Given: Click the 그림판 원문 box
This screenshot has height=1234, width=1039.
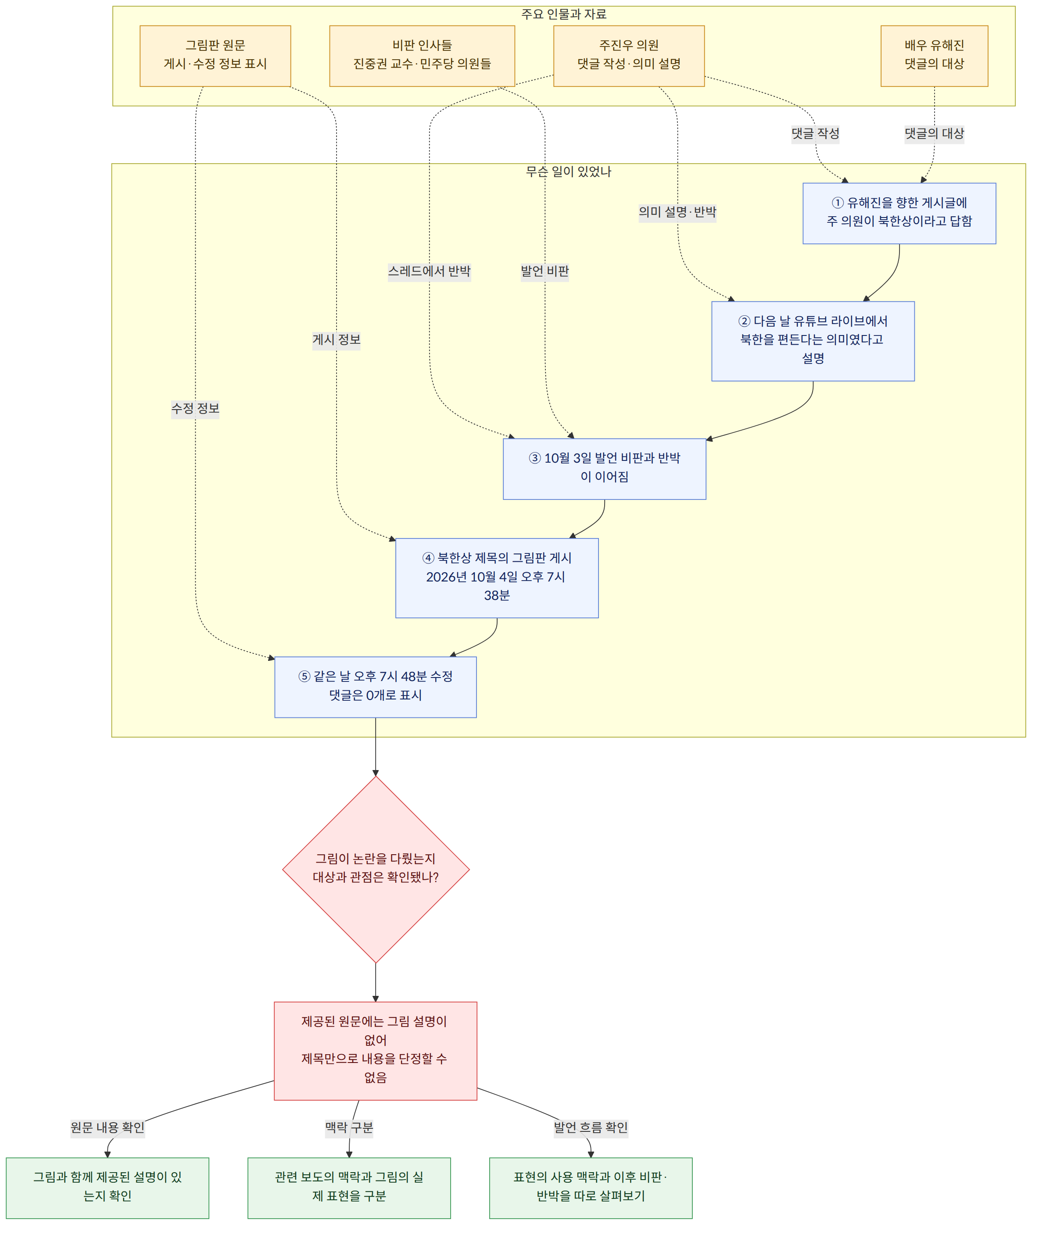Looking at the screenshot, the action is [x=215, y=56].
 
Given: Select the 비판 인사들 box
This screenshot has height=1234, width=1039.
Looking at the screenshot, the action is [x=422, y=56].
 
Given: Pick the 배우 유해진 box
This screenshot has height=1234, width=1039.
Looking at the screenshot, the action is [x=934, y=56].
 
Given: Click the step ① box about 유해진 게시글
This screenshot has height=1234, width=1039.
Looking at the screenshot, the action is [x=899, y=213].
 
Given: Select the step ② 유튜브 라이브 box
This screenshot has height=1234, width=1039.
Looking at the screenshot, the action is [x=813, y=341].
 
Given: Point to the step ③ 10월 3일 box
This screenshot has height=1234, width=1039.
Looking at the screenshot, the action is [x=604, y=469].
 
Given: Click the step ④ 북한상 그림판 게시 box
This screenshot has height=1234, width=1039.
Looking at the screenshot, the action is [x=497, y=578].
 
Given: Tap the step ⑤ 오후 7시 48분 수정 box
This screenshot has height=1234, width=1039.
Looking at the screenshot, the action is [x=375, y=687].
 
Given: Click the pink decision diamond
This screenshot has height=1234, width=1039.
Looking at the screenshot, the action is [x=376, y=870].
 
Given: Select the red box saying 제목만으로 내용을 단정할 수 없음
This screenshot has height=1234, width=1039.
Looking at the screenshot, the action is [x=375, y=1051].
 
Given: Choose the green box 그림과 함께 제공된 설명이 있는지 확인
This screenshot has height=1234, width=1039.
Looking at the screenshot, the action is [x=107, y=1188].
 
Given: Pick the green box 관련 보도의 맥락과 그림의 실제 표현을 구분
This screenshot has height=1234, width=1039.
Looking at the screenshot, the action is [x=349, y=1188].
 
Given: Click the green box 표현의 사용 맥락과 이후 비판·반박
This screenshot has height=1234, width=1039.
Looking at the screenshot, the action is [x=591, y=1188].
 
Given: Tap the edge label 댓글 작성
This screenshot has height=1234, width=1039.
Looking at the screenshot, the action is [x=815, y=134].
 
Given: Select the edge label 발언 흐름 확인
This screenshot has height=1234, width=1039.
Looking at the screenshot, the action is [x=591, y=1127].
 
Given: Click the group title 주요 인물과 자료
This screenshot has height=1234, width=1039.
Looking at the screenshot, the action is [x=564, y=14].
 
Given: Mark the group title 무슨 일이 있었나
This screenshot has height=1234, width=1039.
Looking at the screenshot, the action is [x=568, y=172].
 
